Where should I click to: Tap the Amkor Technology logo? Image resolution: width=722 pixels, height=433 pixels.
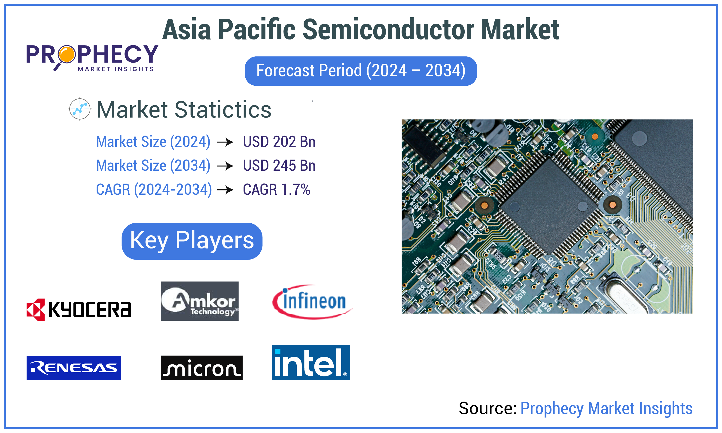[x=199, y=301]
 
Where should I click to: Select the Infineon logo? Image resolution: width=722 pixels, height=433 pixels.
[x=312, y=302]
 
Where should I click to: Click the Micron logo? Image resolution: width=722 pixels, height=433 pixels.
[x=201, y=368]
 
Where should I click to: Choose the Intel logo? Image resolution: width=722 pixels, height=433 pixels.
[x=311, y=362]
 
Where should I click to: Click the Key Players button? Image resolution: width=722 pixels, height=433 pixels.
[x=192, y=241]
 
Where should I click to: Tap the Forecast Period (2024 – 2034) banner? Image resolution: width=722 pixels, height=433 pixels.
[x=360, y=71]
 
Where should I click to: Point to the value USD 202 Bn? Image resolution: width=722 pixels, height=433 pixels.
[x=279, y=142]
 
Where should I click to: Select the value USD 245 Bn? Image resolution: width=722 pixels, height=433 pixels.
[x=279, y=165]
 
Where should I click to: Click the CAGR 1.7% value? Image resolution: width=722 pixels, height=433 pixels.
[x=276, y=189]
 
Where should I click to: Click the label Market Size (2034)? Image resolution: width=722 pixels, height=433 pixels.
[x=153, y=165]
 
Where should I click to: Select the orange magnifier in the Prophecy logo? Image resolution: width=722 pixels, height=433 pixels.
[x=67, y=54]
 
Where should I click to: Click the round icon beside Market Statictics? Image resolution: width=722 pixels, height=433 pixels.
[x=80, y=109]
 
